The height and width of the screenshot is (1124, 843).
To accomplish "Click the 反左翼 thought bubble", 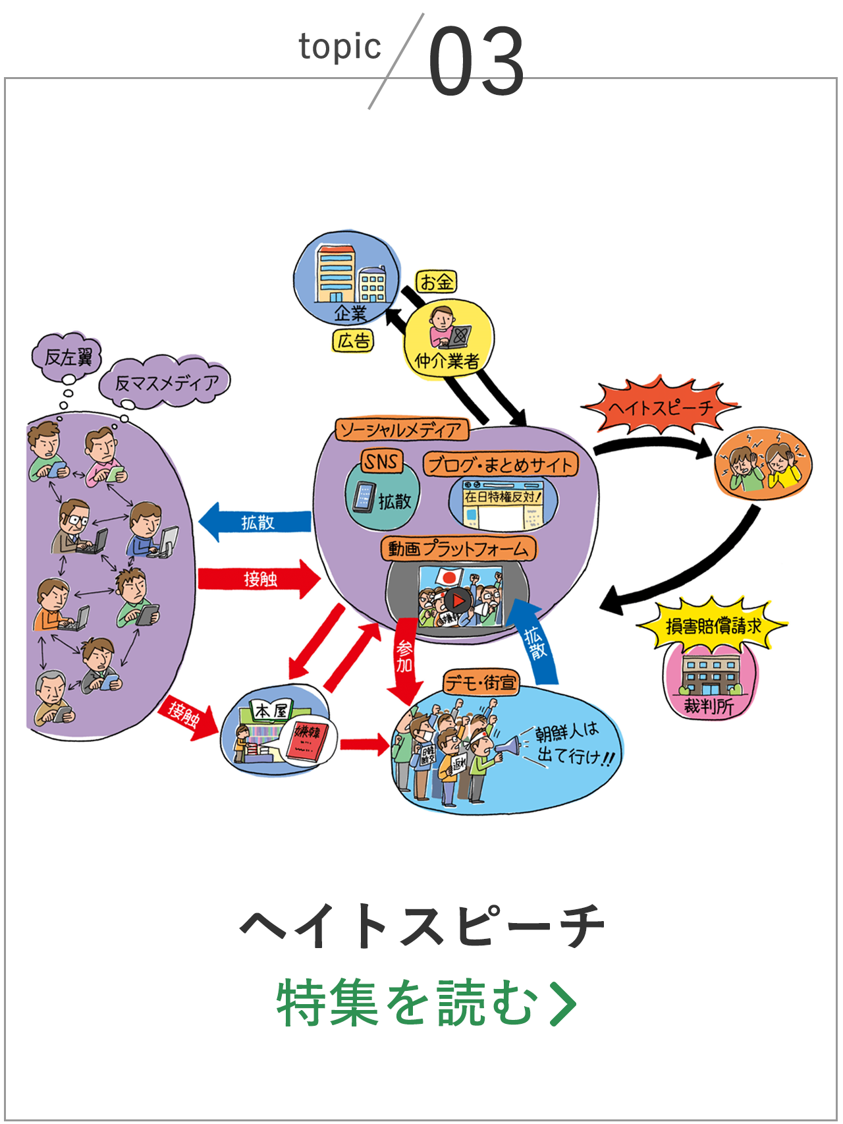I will (68, 358).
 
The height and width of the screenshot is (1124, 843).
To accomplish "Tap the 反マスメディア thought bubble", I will (166, 383).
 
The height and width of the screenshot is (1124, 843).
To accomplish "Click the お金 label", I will (436, 282).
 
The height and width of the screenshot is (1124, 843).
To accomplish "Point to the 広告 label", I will (353, 341).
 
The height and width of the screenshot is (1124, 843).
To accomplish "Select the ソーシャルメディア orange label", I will (401, 430).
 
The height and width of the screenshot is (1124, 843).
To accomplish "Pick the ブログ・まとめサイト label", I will (500, 464).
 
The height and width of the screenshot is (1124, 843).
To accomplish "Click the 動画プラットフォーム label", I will (458, 548).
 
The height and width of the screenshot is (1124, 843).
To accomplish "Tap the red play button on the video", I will (458, 600).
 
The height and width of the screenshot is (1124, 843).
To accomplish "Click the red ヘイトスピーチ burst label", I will (660, 407).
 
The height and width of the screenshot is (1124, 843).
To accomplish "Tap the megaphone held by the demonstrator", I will (506, 746).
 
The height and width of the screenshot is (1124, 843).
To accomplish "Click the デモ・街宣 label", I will (481, 683).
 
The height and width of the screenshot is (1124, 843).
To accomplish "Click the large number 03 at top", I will (476, 61).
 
